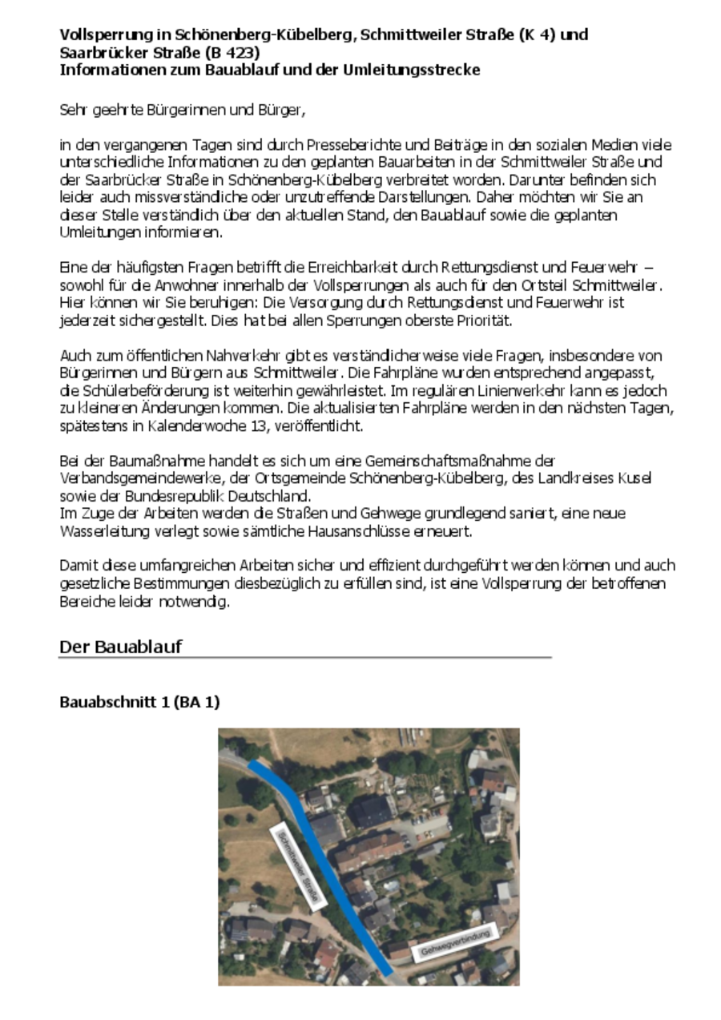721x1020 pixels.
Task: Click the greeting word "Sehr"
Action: pos(72,109)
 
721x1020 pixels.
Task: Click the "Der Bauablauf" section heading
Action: pos(120,647)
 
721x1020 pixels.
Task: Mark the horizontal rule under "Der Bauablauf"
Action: pos(304,658)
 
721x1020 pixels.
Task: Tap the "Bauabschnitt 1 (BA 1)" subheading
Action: pos(139,702)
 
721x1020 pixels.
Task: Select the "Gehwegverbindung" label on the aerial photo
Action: pos(455,941)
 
